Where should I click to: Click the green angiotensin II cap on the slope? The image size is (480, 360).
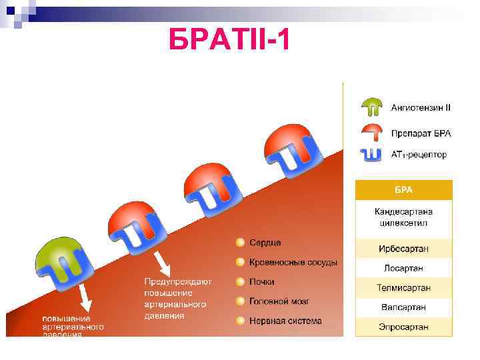click(x=57, y=251)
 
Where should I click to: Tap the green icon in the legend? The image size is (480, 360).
click(x=371, y=107)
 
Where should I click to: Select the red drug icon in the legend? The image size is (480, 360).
click(x=371, y=131)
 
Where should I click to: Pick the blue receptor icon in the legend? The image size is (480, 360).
click(x=371, y=154)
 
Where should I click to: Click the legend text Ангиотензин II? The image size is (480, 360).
click(x=421, y=107)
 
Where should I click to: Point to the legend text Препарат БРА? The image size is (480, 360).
click(x=421, y=133)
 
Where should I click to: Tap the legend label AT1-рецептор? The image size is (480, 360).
click(x=419, y=155)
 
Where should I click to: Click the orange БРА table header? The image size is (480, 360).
click(x=403, y=190)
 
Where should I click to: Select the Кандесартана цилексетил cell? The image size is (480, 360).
click(x=403, y=217)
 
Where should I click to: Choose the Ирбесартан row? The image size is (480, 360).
click(x=403, y=249)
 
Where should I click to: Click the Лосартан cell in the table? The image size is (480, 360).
click(x=403, y=268)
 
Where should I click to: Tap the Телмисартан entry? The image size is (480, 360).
click(x=403, y=288)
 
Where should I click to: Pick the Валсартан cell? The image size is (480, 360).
click(x=403, y=307)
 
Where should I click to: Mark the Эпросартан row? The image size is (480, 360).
click(x=403, y=327)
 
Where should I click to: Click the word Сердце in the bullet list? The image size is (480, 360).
click(x=265, y=242)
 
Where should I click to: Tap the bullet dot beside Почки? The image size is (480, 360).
click(x=239, y=282)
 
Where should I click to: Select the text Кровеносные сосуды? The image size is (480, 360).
click(x=293, y=262)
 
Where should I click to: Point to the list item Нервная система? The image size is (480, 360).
click(x=285, y=321)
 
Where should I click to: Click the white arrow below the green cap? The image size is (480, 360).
click(x=84, y=295)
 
